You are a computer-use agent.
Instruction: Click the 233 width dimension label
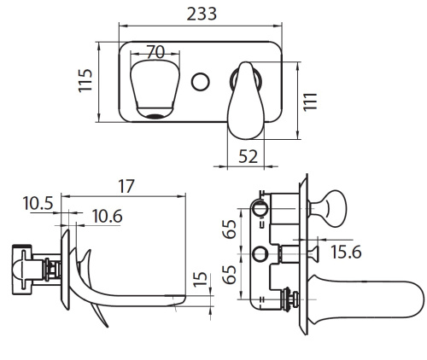[x=202, y=14]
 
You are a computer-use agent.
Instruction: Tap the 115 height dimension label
[x=85, y=80]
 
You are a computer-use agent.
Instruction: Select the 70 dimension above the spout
[x=156, y=52]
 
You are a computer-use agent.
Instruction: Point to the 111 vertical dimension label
[x=310, y=102]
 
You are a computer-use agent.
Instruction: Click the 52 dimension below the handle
[x=248, y=156]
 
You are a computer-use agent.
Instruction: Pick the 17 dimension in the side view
[x=126, y=186]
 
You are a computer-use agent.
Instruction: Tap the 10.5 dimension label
[x=38, y=204]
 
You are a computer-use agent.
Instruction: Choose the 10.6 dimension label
[x=108, y=217]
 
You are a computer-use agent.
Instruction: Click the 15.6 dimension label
[x=346, y=252]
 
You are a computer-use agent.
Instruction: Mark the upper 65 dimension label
[x=230, y=229]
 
